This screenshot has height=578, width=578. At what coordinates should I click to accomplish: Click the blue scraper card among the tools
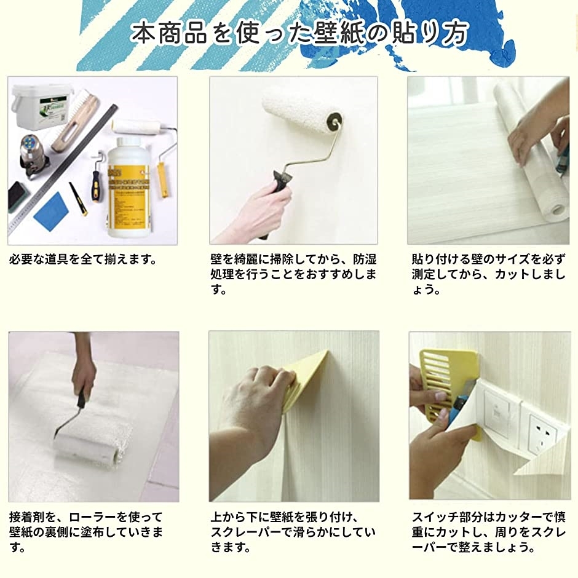coord(51,211)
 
